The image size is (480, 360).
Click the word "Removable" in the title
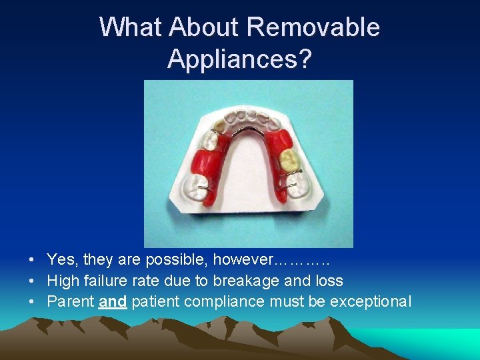313,27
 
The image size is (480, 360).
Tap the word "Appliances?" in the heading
239,59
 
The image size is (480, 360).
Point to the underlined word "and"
113,301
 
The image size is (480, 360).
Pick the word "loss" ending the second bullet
330,281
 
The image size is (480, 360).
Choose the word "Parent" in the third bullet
70,301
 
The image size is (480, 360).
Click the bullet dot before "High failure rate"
32,281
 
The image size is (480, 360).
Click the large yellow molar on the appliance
289,159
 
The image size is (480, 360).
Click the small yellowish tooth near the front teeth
218,123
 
